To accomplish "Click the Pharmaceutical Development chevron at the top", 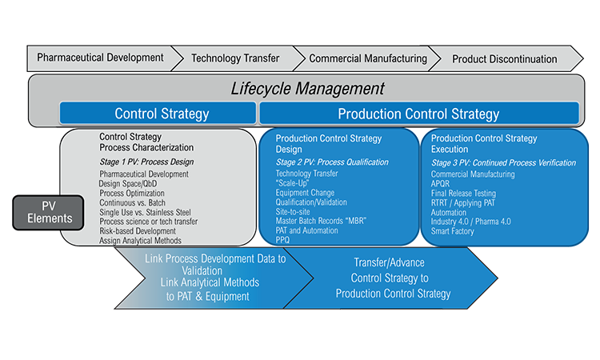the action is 100,58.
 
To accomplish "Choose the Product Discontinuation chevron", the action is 504,59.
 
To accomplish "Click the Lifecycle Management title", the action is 307,88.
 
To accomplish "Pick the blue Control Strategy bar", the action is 158,114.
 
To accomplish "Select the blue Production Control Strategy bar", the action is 419,114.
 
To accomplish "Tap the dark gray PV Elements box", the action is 48,213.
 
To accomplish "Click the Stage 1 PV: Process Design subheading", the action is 146,162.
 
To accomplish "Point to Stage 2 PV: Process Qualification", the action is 332,162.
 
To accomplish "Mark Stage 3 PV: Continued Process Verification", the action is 503,162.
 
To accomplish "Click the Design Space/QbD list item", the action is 128,184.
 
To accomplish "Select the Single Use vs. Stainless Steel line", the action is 145,212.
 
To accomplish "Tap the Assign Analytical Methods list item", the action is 141,241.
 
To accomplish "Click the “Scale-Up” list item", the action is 292,183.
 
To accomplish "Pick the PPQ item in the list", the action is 282,240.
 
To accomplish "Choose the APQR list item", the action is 441,184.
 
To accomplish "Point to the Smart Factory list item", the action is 452,231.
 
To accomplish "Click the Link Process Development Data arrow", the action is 214,278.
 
